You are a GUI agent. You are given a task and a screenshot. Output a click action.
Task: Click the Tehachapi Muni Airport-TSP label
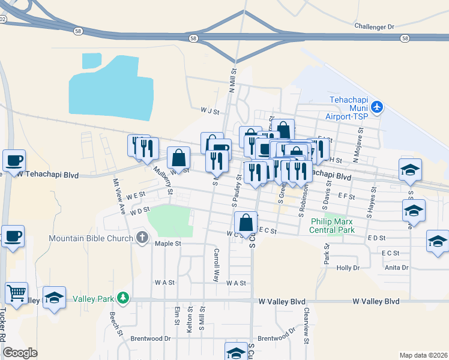[x=348, y=108]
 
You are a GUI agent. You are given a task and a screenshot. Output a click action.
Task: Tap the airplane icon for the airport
[x=376, y=107]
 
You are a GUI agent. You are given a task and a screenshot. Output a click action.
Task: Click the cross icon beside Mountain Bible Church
[x=142, y=237]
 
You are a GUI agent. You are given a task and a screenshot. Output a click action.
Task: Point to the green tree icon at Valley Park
[x=123, y=298]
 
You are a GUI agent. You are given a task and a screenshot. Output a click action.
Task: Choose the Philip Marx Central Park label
[x=333, y=225]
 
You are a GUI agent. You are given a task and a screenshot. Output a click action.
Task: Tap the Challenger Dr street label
[x=374, y=26]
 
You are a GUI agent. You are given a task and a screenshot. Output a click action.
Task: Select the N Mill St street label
[x=232, y=79]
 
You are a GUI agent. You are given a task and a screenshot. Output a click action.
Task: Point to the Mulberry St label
[x=162, y=181]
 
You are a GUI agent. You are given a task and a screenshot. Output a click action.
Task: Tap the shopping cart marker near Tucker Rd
[x=16, y=293]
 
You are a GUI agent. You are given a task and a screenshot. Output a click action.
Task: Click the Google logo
[x=20, y=352]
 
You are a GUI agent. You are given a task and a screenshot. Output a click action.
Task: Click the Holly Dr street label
[x=348, y=268]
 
